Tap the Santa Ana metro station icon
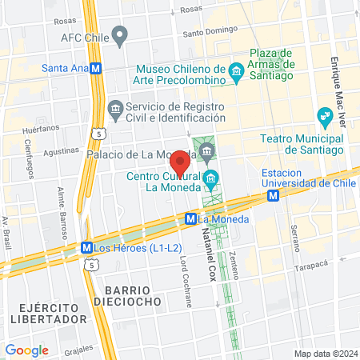pos(96,69)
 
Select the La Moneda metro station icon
pos(191,218)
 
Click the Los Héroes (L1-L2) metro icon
pos(86,248)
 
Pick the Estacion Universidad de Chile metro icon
pos(274,194)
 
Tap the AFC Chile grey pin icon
pos(120,36)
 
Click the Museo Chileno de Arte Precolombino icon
pos(236,73)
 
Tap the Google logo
pos(26,350)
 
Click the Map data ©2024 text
pos(325,354)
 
